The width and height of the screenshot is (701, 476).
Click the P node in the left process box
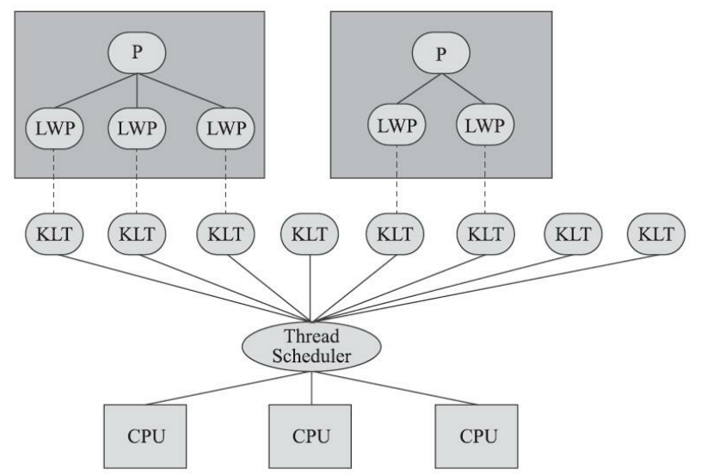point(137,53)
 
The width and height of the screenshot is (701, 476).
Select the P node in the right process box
point(440,53)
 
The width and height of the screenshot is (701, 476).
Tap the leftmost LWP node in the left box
point(54,128)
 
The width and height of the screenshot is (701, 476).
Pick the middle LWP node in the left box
point(137,128)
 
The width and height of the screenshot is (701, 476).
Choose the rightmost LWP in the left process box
point(225,128)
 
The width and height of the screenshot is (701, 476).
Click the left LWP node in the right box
point(397,125)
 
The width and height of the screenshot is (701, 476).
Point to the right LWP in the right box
point(485,125)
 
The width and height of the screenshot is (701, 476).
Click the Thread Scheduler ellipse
point(311,346)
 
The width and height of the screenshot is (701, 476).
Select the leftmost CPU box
point(145,436)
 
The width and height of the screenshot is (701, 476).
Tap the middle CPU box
point(311,436)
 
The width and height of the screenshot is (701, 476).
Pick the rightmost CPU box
point(477,436)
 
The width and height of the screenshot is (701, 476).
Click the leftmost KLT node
point(54,234)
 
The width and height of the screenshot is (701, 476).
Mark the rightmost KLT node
point(656,234)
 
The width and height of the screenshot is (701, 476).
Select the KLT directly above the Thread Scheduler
point(310,234)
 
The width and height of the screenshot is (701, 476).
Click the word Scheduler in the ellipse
point(311,356)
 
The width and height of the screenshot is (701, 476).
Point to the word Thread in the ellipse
point(311,336)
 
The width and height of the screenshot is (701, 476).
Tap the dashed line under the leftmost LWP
point(54,181)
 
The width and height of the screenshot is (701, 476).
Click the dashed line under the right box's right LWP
point(485,179)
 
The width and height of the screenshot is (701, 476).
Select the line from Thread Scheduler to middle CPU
point(311,388)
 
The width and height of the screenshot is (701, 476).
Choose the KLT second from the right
point(573,234)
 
